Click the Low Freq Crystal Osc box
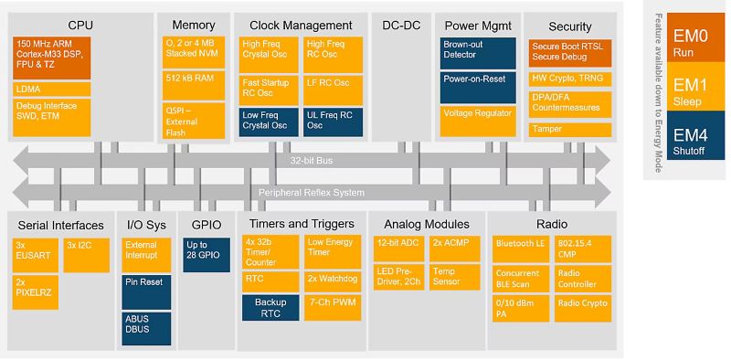pyautogui.click(x=269, y=120)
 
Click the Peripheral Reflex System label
pyautogui.click(x=311, y=192)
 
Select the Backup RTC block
pyautogui.click(x=270, y=307)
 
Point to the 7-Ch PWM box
pyautogui.click(x=332, y=302)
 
